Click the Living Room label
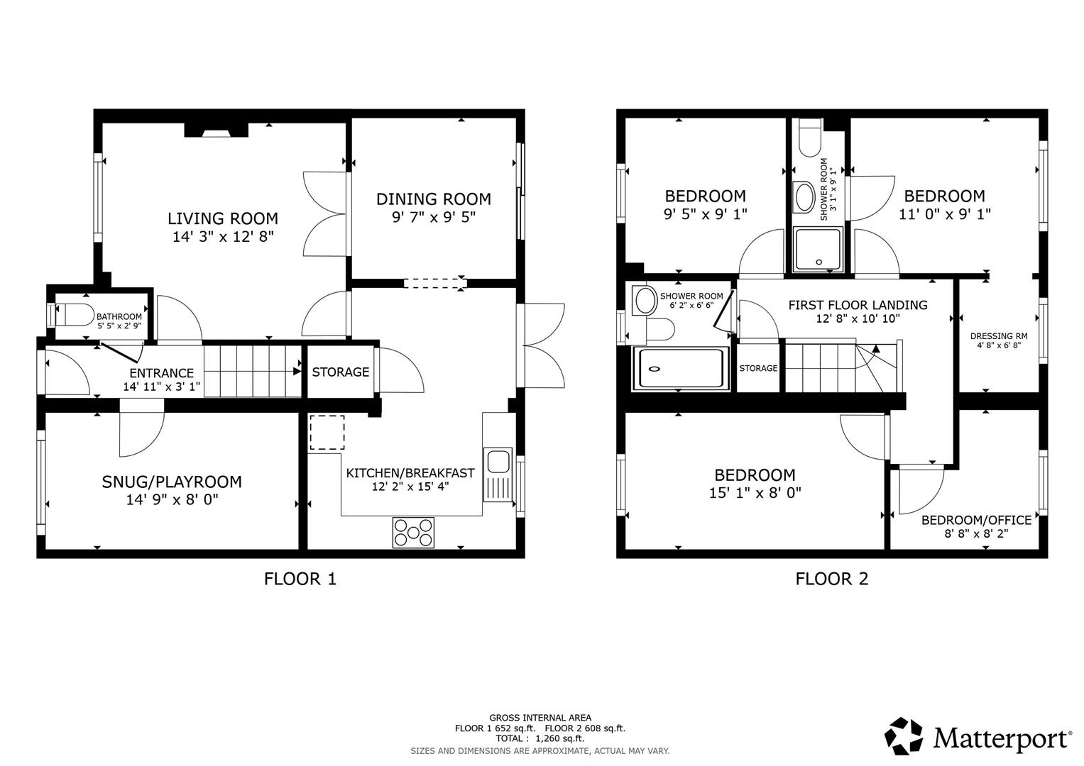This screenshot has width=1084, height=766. coord(222,218)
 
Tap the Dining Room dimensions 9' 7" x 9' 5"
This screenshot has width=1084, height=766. coord(433,217)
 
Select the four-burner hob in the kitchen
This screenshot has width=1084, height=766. coord(413,533)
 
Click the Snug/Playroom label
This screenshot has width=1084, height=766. coord(172,482)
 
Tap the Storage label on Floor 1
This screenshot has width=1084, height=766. coord(341,372)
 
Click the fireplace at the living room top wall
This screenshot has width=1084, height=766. coord(216,130)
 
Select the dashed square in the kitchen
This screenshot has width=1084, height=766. coord(327,433)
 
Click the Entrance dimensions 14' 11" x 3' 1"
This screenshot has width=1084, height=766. coord(161,387)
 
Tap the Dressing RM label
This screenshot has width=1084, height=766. coord(999,336)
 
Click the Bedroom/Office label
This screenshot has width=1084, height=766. coord(976,520)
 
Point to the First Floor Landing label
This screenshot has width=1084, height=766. coord(858,305)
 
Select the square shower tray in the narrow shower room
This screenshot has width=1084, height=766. coord(819,249)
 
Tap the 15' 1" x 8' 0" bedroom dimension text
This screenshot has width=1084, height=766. coord(755,492)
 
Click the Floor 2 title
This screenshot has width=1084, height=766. coord(831,579)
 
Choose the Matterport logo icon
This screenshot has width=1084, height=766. coord(904,736)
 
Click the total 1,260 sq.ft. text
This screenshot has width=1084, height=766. coord(540,738)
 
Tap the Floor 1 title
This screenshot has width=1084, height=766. coord(300,579)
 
